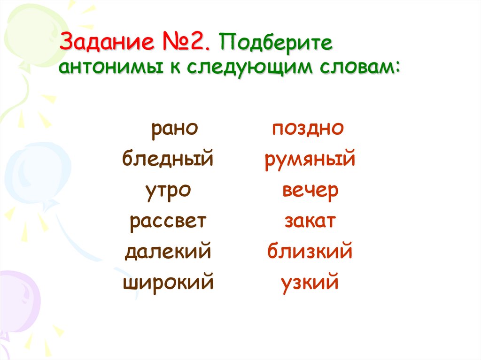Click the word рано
172,129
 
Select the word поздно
308,129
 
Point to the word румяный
310,160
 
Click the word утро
168,191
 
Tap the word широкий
168,283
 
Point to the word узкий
310,283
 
